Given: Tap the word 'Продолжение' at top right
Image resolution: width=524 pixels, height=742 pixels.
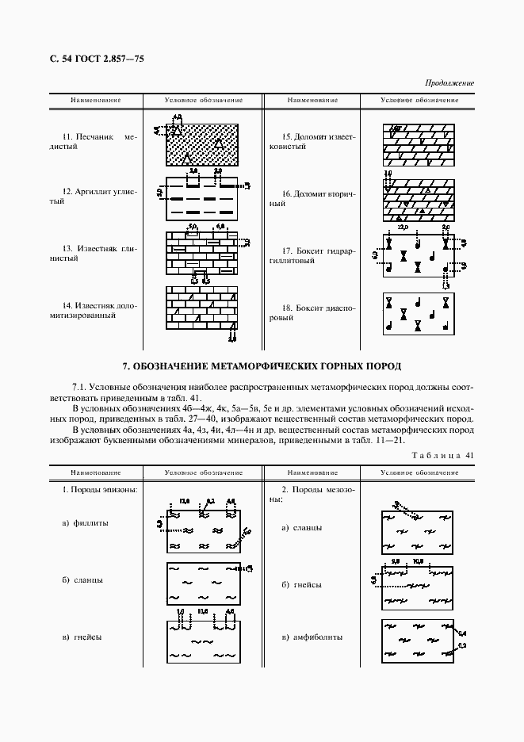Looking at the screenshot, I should tap(449, 82).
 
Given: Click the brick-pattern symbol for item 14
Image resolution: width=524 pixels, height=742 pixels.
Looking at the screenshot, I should tap(202, 308).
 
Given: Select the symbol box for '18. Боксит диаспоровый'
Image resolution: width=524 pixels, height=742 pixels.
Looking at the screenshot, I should tap(417, 312).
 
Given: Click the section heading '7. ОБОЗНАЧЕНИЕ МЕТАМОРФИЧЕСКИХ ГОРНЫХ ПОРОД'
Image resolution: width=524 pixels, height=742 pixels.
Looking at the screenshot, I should tap(262, 366).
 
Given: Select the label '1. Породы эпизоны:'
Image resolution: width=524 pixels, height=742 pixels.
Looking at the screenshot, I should tap(100, 489).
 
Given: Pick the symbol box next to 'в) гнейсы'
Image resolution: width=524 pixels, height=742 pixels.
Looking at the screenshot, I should tap(204, 642).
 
